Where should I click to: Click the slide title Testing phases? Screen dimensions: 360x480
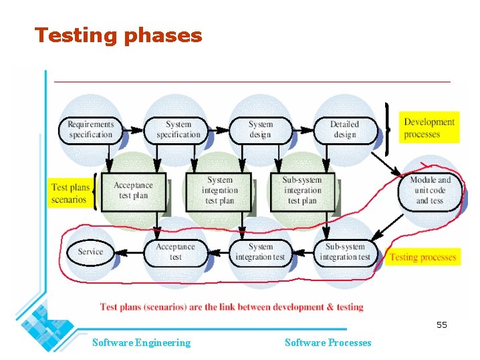(x=118, y=35)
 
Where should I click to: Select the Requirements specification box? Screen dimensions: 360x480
(x=91, y=129)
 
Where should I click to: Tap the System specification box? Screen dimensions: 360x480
(x=178, y=129)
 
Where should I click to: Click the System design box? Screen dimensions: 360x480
(x=260, y=129)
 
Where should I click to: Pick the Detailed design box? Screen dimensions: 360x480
(x=344, y=129)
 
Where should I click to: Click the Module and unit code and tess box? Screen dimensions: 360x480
(x=430, y=190)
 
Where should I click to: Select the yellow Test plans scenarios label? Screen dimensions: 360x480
(x=70, y=193)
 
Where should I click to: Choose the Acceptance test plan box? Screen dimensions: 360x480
(x=133, y=191)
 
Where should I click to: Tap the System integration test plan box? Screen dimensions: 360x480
(x=219, y=191)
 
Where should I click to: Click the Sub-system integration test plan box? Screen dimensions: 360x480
(x=302, y=191)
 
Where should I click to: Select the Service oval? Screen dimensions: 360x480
(x=90, y=252)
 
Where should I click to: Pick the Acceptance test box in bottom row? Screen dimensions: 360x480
(x=175, y=252)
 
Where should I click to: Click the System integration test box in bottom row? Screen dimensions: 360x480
(x=260, y=252)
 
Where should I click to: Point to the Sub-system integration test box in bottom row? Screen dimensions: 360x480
(x=344, y=252)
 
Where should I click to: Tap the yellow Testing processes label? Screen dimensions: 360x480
(x=423, y=257)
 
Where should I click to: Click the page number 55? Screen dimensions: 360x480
(x=441, y=325)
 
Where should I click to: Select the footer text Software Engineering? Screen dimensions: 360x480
(x=141, y=343)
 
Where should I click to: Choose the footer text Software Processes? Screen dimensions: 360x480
(x=328, y=343)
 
